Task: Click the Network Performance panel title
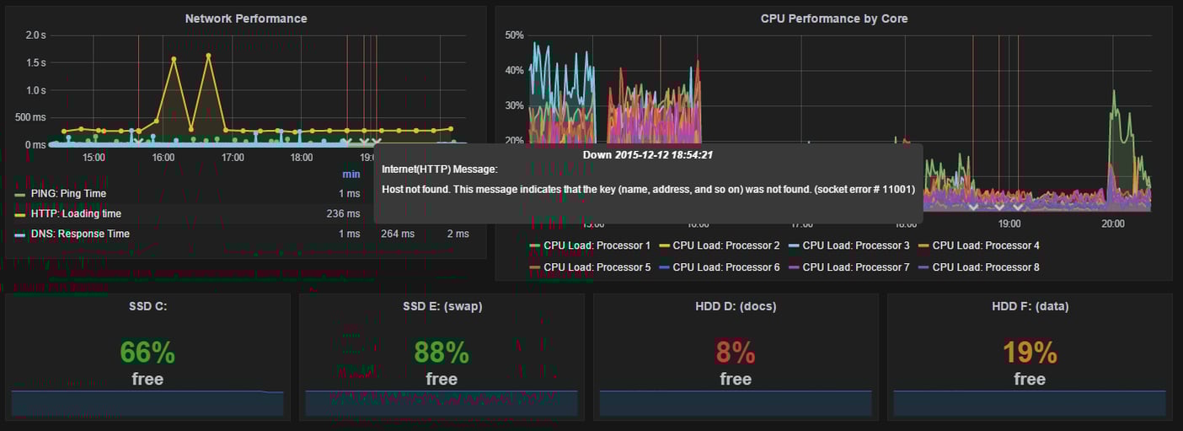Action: (x=246, y=19)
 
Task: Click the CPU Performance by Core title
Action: (x=833, y=19)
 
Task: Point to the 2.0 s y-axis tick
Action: (x=35, y=35)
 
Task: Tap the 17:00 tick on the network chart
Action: (x=233, y=158)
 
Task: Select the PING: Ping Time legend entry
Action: (x=68, y=194)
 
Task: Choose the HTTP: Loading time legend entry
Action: (x=76, y=214)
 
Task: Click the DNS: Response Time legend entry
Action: (x=80, y=234)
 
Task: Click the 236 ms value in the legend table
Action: (x=343, y=214)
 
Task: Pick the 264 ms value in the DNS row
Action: (x=397, y=234)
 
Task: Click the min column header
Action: (x=351, y=175)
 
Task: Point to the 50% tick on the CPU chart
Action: (x=514, y=35)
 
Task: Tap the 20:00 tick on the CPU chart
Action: (x=1112, y=224)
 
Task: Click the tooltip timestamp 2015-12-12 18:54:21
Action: (x=664, y=155)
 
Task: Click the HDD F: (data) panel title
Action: (x=1030, y=307)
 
